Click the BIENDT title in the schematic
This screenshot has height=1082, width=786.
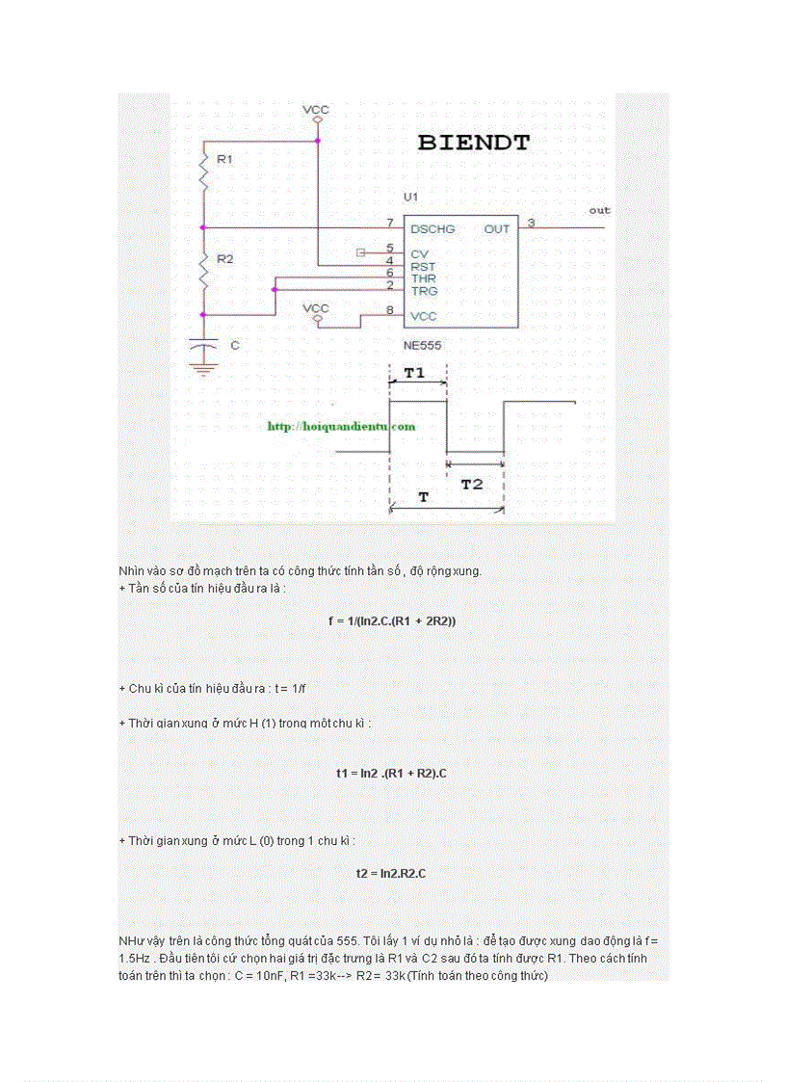473,144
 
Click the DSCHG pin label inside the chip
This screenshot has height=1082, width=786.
432,229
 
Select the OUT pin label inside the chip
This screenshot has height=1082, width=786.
497,229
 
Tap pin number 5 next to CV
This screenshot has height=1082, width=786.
389,249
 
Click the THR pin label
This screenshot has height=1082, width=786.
423,278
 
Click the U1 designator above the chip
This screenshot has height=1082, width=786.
411,197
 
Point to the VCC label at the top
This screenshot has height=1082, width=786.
315,110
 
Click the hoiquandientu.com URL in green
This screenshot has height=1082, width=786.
341,426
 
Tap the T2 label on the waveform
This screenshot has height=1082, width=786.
472,485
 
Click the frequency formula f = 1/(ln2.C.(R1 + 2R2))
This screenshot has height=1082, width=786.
392,621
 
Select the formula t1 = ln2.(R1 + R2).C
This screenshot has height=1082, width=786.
391,773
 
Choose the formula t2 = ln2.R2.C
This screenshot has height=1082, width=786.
391,873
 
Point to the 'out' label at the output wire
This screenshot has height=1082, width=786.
599,210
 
